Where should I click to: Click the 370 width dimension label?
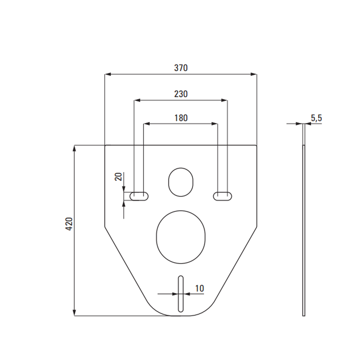[x=181, y=68]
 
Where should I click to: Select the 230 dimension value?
[x=181, y=94]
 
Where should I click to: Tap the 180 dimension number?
[x=181, y=118]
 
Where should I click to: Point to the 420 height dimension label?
[x=69, y=224]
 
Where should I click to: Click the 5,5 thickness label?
[x=316, y=118]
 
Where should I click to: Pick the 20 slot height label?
[x=118, y=177]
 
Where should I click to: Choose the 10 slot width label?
[x=199, y=289]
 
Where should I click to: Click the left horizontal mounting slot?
[x=139, y=196]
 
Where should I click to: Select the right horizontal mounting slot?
[x=222, y=196]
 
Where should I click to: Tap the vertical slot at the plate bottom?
[x=181, y=294]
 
